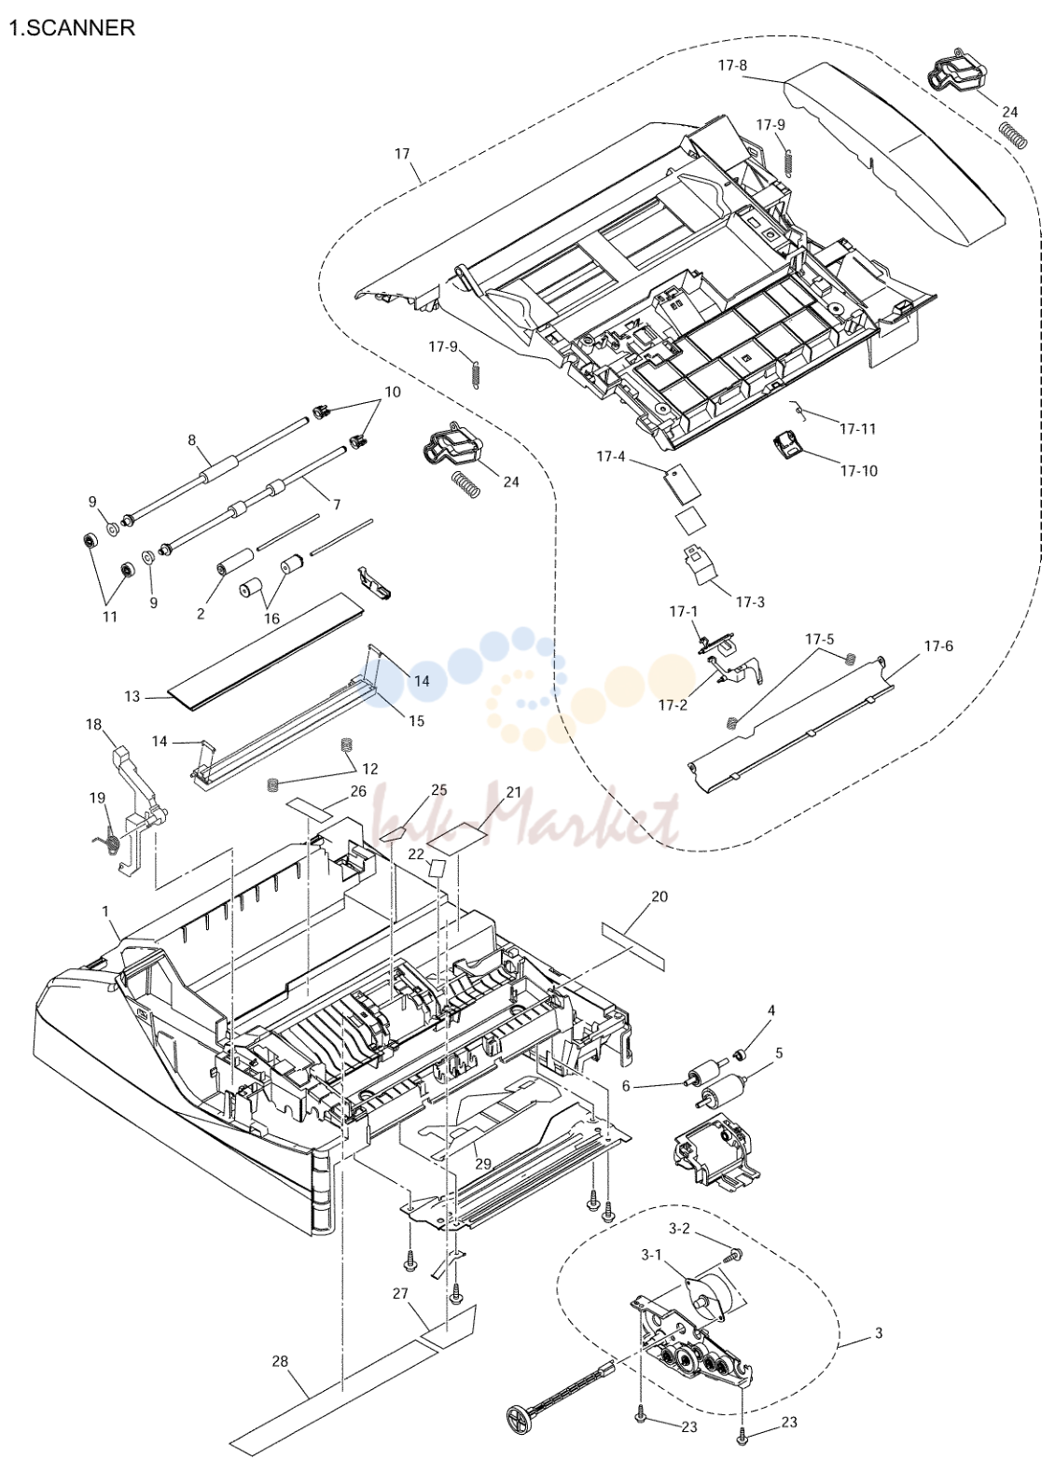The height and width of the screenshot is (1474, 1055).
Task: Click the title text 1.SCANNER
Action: coord(72,28)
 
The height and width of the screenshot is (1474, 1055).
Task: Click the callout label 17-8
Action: coord(732,65)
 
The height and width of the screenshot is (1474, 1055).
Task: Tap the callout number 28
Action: coord(280,1361)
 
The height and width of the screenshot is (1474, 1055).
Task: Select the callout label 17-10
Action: coord(859,470)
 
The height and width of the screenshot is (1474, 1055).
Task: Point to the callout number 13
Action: coord(132,696)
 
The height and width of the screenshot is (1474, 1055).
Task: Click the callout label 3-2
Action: coord(679,1228)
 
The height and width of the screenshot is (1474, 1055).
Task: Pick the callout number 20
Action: coord(659,897)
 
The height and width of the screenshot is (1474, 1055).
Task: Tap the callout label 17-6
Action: coord(937,647)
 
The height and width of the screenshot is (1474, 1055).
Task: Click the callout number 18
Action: coord(93,724)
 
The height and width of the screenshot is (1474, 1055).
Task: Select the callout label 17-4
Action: coord(611,455)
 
